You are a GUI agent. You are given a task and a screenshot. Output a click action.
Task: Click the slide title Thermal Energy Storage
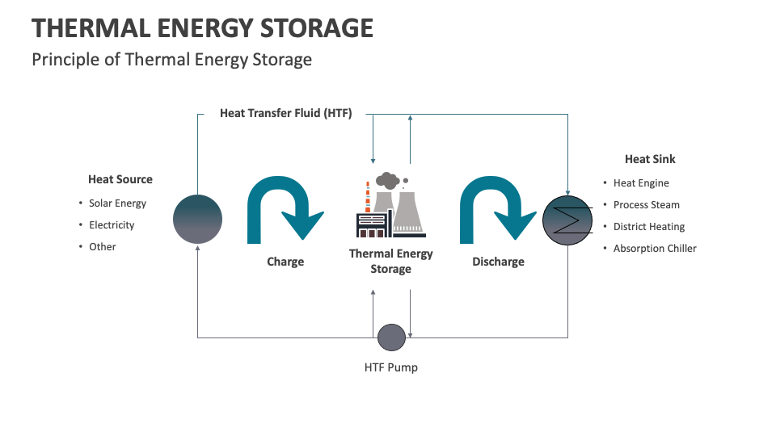click(x=202, y=28)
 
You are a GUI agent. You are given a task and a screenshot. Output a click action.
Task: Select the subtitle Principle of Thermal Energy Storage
click(x=171, y=60)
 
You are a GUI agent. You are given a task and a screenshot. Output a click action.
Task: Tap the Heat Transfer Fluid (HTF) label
click(x=285, y=114)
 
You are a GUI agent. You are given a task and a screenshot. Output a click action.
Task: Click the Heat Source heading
click(x=120, y=179)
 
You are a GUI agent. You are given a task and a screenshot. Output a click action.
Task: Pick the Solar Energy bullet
click(x=117, y=203)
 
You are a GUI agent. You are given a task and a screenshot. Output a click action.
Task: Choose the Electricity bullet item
click(x=112, y=225)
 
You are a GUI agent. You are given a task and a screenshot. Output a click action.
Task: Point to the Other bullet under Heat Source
click(x=103, y=247)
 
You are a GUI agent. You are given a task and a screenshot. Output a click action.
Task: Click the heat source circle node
click(x=198, y=219)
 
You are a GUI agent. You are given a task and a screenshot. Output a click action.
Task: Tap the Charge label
click(x=285, y=262)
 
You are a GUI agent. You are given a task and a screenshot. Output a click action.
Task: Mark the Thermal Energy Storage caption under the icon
click(x=390, y=261)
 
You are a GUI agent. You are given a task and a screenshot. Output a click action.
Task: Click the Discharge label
click(x=498, y=262)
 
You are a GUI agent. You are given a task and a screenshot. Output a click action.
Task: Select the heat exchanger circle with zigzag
click(x=567, y=219)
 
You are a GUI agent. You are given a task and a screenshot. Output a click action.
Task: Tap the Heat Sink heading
click(x=650, y=159)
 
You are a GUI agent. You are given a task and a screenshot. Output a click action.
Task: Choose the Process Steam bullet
click(x=646, y=205)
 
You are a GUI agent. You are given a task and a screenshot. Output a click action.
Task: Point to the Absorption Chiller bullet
click(x=655, y=249)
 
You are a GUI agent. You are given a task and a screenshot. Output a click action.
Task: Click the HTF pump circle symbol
click(x=391, y=337)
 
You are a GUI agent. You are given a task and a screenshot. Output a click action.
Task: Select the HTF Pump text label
click(x=391, y=367)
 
